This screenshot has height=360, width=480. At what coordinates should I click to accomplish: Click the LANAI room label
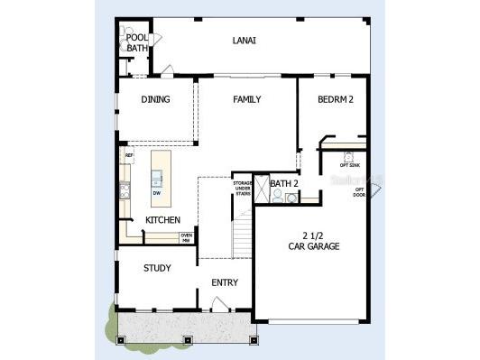click(244, 40)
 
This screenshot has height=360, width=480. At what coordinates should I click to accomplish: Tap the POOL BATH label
click(137, 42)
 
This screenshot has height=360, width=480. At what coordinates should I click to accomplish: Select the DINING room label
click(155, 99)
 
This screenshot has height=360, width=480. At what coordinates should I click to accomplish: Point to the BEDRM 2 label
click(335, 99)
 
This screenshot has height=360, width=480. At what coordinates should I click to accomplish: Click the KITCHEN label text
click(162, 220)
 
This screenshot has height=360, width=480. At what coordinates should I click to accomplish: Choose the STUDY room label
click(157, 268)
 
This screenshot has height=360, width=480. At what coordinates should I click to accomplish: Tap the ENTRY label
click(225, 282)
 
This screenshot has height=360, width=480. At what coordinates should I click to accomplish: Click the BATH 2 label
click(284, 184)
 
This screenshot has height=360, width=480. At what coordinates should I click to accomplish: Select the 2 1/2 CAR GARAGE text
click(314, 239)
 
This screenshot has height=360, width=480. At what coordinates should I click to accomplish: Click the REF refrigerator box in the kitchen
click(129, 156)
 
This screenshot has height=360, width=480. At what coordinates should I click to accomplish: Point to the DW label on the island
click(157, 192)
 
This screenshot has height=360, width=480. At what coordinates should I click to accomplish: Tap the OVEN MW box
click(186, 237)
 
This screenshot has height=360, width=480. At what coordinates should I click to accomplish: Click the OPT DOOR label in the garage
click(359, 190)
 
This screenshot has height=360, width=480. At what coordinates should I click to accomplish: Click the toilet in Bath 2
click(277, 196)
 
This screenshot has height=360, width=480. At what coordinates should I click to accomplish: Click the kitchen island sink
click(157, 176)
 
